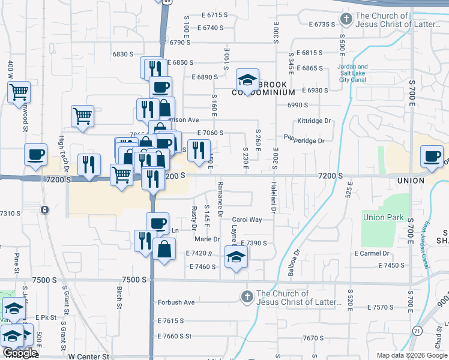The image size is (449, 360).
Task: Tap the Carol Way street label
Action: coord(247,220)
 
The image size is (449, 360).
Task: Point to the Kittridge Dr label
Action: coord(314,121)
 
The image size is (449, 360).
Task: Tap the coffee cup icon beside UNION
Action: coord(432,157)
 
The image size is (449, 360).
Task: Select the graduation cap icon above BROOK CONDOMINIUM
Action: coord(247,79)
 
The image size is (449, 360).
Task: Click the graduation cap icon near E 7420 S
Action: coord(236,257)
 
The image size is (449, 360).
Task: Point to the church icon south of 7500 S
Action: coord(247,296)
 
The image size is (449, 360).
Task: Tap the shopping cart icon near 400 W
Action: coord(19,92)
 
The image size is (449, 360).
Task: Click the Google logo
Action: coord(19,353)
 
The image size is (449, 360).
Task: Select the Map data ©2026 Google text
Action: coord(411,355)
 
